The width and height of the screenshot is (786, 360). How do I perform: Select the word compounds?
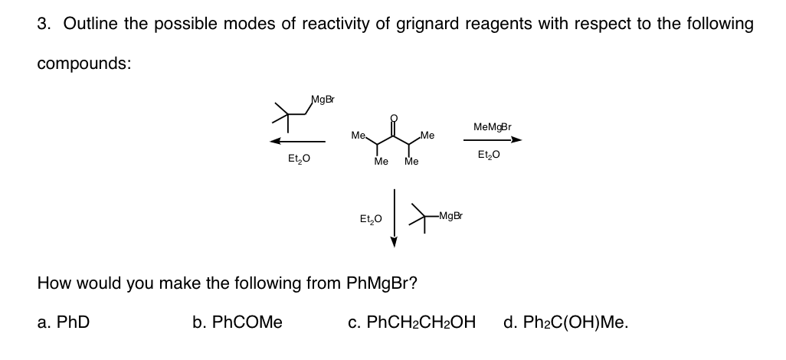click(x=84, y=63)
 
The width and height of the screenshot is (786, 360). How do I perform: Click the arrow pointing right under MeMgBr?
click(x=493, y=140)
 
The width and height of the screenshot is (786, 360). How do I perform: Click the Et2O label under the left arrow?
click(x=298, y=159)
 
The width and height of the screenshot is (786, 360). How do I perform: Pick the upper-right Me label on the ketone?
click(x=427, y=136)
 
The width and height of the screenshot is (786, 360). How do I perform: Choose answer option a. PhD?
click(x=64, y=322)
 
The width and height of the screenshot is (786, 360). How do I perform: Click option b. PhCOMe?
click(x=237, y=322)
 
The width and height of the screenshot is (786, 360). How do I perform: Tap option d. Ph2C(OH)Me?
click(x=566, y=322)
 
